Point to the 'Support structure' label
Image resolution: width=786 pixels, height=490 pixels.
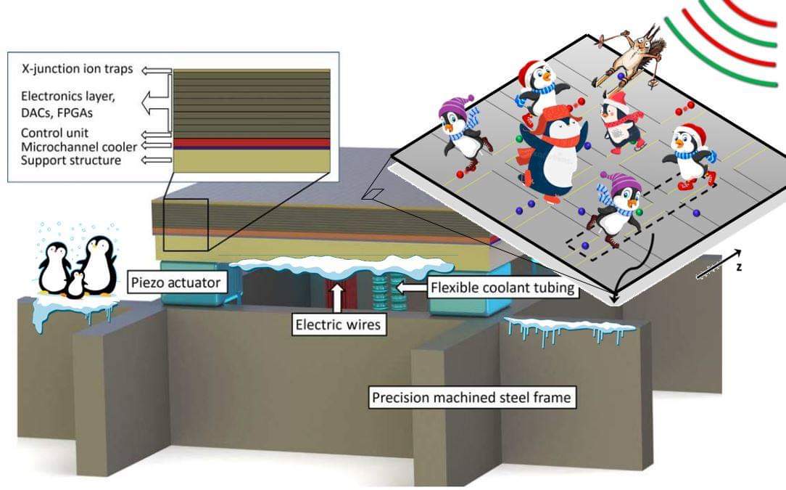(71, 160)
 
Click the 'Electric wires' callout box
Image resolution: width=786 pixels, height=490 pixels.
(337, 324)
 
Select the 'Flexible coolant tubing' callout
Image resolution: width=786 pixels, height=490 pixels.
(502, 288)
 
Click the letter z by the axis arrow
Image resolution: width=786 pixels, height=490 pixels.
(739, 267)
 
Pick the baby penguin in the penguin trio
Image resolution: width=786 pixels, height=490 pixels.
(75, 285)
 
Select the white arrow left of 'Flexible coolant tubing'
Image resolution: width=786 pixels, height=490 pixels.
(410, 288)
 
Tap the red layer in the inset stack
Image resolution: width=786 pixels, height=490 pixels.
(252, 142)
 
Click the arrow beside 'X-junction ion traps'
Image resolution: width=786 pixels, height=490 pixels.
(155, 70)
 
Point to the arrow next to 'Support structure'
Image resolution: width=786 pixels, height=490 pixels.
(155, 160)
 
